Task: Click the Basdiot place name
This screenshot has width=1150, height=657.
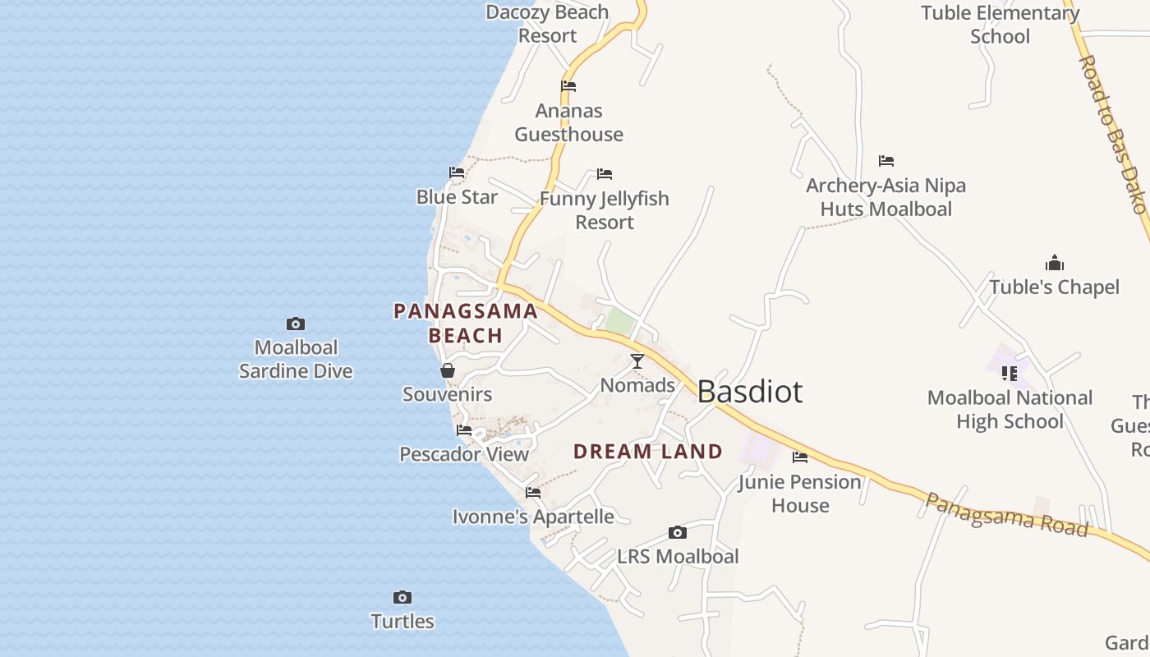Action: click(749, 392)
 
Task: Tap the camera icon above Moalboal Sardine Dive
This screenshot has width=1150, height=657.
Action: click(296, 324)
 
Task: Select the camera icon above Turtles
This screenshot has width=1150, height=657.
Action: click(402, 597)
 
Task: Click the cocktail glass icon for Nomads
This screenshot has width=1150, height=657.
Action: click(637, 361)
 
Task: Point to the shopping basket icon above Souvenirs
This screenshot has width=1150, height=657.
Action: click(448, 370)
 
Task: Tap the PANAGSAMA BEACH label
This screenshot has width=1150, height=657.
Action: click(466, 323)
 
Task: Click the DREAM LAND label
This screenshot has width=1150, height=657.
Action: click(647, 452)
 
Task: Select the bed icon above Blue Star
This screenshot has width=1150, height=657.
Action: click(457, 172)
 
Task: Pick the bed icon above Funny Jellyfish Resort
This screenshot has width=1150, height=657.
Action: click(605, 174)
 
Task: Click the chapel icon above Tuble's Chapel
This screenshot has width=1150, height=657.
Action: click(1055, 263)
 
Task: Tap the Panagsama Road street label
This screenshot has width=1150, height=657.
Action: click(1007, 515)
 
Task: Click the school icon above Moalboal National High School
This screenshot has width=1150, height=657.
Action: click(1010, 374)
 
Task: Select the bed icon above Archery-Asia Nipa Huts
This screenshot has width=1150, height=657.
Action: click(885, 161)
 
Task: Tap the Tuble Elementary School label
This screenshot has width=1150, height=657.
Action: click(1000, 25)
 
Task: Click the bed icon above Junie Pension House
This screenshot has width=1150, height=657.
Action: click(800, 457)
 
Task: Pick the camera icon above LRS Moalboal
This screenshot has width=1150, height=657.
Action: click(678, 533)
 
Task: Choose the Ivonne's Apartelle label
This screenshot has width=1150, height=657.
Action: click(533, 517)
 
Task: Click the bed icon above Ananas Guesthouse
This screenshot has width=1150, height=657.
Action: click(568, 86)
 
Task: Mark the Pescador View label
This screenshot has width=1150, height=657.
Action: click(464, 454)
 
